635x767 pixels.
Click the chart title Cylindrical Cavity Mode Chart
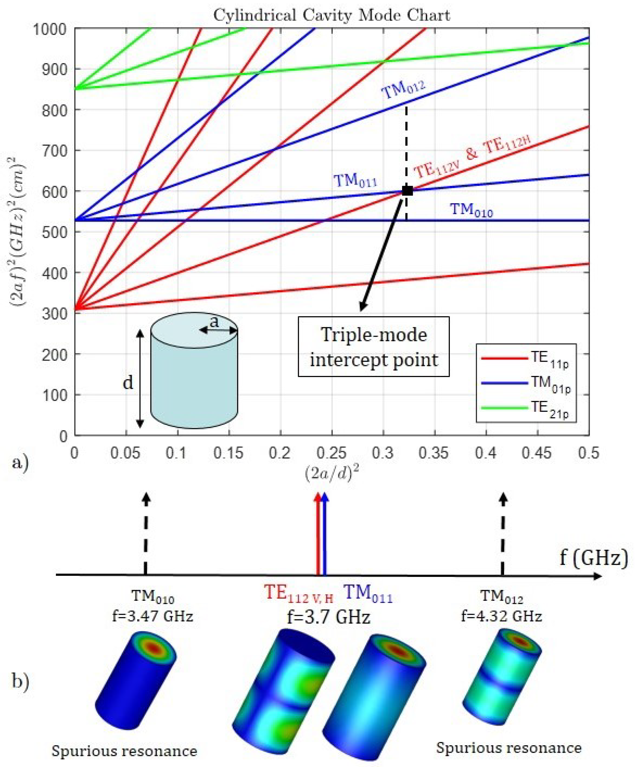point(331,15)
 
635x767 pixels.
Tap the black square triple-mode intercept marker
point(407,191)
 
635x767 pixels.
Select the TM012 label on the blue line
point(404,90)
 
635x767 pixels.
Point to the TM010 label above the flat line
point(472,211)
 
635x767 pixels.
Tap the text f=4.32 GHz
point(502,616)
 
